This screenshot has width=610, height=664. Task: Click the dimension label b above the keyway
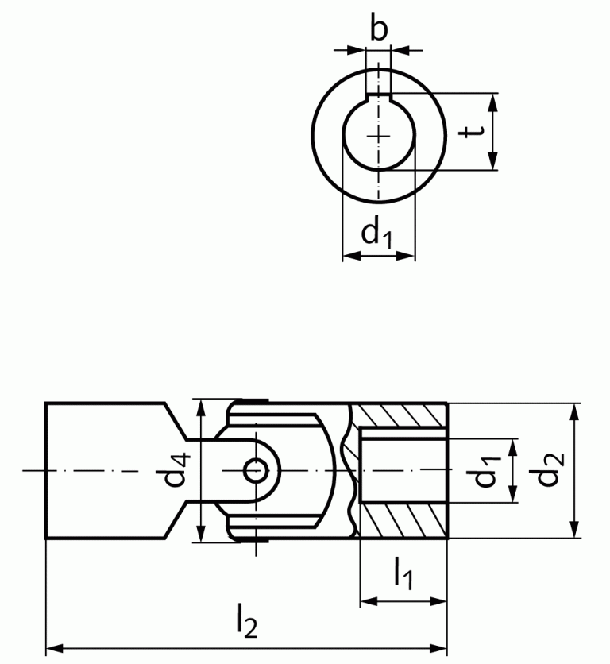tap(380, 29)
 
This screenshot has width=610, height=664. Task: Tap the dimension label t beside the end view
tap(474, 131)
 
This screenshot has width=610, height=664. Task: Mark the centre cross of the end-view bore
tap(379, 136)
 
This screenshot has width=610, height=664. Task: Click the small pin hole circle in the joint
tap(256, 470)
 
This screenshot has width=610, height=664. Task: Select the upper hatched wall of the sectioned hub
tap(401, 415)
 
